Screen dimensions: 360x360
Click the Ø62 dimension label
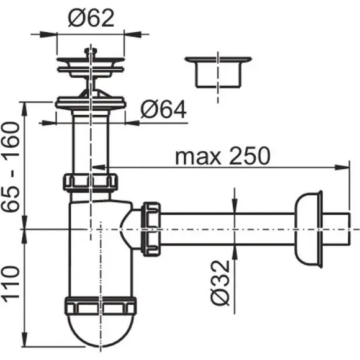[x=91, y=19]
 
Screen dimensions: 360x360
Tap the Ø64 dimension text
[x=163, y=109]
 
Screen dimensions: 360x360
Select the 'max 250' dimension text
[x=222, y=156]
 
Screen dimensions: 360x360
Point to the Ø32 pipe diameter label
[x=220, y=283]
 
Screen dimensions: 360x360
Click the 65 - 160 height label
[x=11, y=167]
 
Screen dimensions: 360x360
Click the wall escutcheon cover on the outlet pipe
[x=308, y=229]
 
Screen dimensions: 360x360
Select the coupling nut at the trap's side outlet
[x=151, y=229]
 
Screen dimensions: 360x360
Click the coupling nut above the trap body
[x=91, y=182]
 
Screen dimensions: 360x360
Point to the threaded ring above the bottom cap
[x=101, y=306]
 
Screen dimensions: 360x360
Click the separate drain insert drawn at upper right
[x=218, y=72]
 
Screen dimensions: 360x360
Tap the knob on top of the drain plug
[x=91, y=51]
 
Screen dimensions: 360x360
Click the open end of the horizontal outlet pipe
[x=349, y=229]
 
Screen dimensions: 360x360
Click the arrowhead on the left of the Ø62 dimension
[x=48, y=34]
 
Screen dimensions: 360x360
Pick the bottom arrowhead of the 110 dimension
[x=24, y=338]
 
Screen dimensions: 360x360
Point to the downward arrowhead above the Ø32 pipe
[x=235, y=205]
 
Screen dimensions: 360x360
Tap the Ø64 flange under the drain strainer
[x=91, y=102]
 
